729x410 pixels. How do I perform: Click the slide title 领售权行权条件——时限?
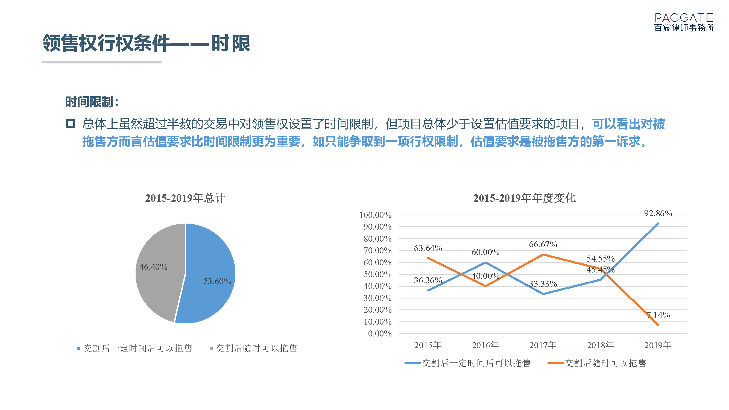(146, 43)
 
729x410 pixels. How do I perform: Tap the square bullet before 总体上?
(71, 124)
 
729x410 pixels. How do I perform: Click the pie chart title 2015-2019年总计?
(185, 198)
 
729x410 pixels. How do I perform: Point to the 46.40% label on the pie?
(153, 267)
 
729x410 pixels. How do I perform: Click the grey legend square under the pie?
(211, 348)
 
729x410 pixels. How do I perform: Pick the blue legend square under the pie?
(79, 348)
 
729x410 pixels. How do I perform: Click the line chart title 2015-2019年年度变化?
(524, 198)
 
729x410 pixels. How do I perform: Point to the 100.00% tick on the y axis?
(375, 215)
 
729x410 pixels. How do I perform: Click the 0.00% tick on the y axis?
(380, 333)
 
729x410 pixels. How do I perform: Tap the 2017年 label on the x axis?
(543, 345)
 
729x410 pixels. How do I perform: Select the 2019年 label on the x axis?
(658, 345)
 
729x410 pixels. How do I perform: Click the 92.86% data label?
(658, 213)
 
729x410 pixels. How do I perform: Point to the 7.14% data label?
(658, 315)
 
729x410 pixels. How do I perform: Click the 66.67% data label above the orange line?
(543, 244)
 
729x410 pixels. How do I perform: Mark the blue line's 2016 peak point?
(486, 263)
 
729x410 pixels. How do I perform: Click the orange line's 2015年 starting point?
(428, 258)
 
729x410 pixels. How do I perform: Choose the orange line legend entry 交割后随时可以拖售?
(597, 363)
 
